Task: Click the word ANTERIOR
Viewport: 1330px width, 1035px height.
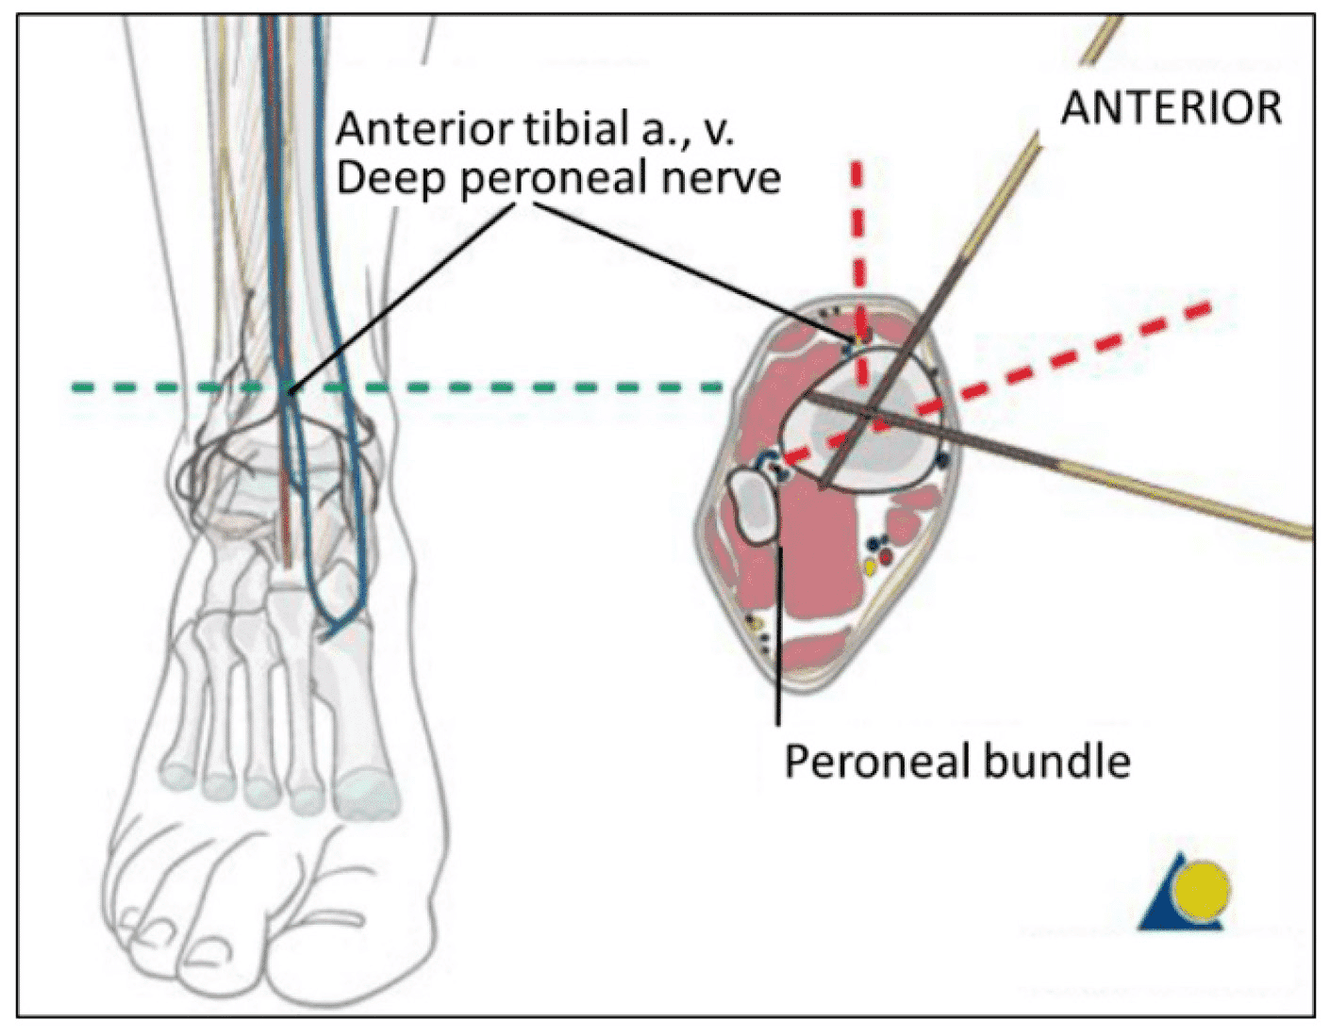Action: pyautogui.click(x=1171, y=108)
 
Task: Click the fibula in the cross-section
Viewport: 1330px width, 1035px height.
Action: pyautogui.click(x=753, y=506)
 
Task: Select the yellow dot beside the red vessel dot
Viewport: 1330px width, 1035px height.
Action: pyautogui.click(x=870, y=567)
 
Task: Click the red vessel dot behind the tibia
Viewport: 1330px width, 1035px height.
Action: pyautogui.click(x=886, y=558)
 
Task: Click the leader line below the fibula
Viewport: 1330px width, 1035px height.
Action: pyautogui.click(x=778, y=641)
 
